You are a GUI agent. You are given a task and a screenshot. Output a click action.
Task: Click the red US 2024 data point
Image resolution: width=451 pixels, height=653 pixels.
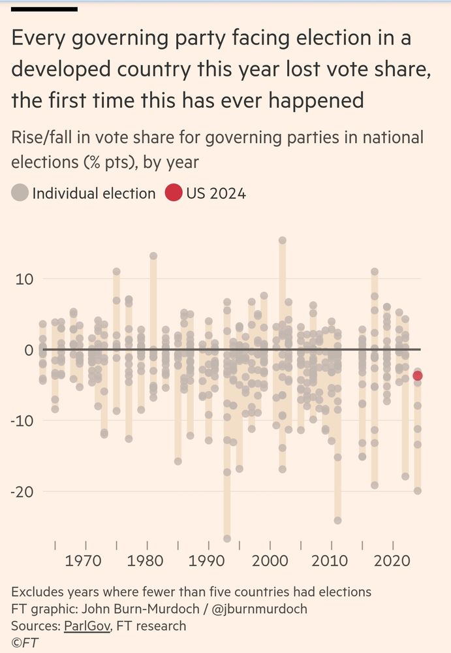tap(417, 375)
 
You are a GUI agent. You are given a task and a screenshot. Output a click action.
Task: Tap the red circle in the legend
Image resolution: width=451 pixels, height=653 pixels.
tap(174, 193)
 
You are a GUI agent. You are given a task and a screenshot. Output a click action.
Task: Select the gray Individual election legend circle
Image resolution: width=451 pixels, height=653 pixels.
tap(20, 193)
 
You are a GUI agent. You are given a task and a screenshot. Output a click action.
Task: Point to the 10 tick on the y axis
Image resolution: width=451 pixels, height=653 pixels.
tap(24, 279)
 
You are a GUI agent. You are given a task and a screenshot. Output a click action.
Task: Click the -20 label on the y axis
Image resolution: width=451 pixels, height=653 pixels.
tap(21, 491)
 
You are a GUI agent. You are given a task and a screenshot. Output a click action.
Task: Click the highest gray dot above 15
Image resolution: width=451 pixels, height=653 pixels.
tap(283, 240)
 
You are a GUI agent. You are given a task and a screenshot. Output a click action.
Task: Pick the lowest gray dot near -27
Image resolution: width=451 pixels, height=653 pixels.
tap(227, 539)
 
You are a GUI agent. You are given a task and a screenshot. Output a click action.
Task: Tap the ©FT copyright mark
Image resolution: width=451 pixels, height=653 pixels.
tap(24, 643)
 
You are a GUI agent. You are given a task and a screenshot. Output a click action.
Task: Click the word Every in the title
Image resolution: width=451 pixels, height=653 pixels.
tap(40, 39)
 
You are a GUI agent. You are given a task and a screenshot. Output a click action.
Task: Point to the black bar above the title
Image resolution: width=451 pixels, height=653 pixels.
tap(45, 9)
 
